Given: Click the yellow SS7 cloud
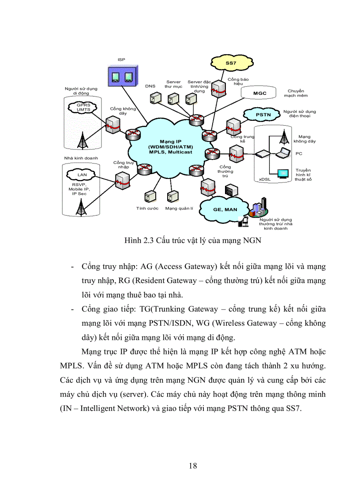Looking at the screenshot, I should click(230, 63).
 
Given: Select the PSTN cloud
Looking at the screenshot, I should click(262, 115).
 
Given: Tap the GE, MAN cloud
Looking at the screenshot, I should click(225, 209).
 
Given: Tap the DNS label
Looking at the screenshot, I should click(150, 86).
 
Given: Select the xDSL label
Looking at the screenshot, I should click(265, 179).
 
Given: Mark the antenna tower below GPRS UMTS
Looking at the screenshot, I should click(81, 140).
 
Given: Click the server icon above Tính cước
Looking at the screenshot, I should click(148, 196).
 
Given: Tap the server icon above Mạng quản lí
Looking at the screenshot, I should click(170, 196).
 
